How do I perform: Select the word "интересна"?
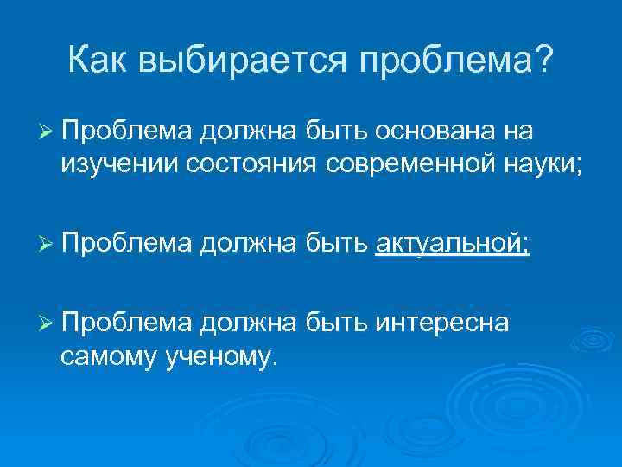click(x=441, y=323)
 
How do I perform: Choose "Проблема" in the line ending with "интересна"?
click(x=128, y=323)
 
